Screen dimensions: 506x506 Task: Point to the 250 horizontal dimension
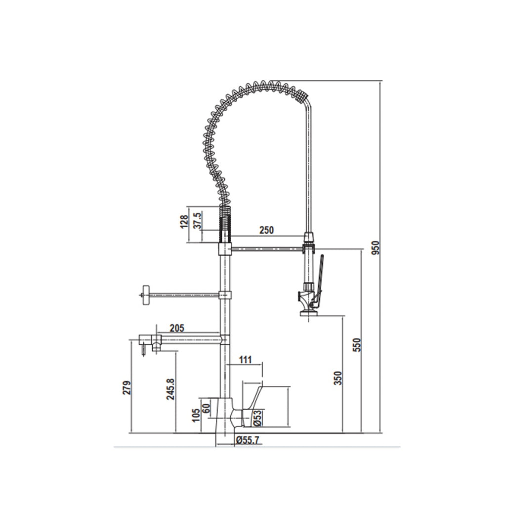point(267,230)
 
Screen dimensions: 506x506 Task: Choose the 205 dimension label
point(176,328)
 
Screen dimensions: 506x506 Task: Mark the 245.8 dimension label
point(170,389)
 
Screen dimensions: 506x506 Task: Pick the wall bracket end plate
point(145,295)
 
